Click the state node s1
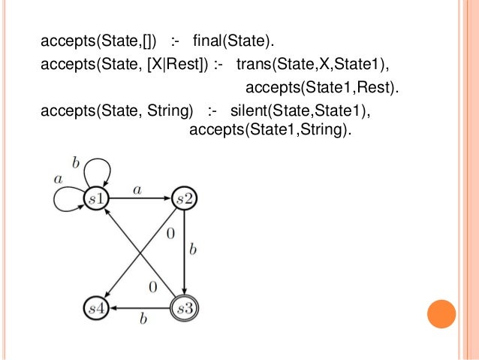(98, 198)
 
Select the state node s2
(184, 198)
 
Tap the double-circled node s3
(184, 307)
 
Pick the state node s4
(97, 307)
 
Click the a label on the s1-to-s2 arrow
(137, 191)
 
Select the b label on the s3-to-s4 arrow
(143, 319)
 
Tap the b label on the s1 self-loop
(75, 162)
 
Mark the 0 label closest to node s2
(170, 234)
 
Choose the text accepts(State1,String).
(270, 130)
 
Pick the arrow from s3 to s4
(143, 307)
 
